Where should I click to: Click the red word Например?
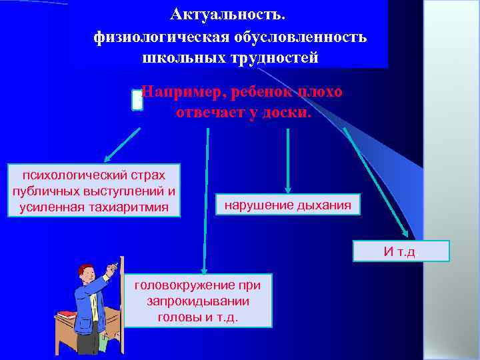(181, 92)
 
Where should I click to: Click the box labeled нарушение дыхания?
(287, 205)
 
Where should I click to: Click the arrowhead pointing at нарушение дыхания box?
(287, 189)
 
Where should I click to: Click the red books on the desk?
(67, 313)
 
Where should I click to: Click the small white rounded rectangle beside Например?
(137, 100)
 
